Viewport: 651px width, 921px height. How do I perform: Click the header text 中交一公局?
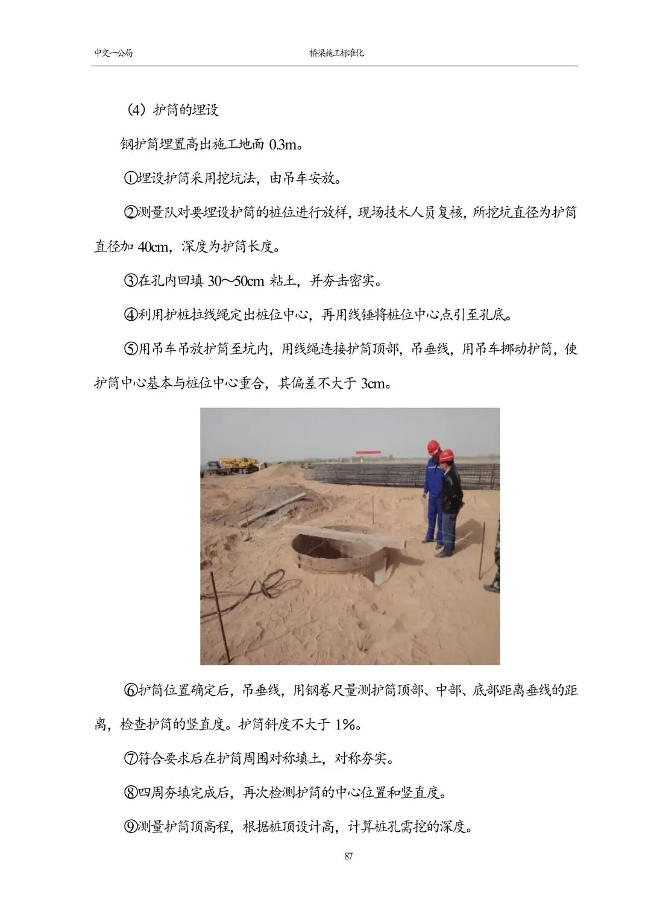[113, 53]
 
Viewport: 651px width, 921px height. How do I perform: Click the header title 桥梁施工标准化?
[336, 53]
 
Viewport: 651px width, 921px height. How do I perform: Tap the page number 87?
[348, 857]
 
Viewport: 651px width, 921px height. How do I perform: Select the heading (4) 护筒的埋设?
[173, 110]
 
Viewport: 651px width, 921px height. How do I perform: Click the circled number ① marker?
[131, 179]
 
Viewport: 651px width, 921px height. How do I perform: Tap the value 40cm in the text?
[154, 247]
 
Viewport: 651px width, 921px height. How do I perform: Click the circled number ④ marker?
[131, 315]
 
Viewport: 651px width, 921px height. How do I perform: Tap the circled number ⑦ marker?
[131, 758]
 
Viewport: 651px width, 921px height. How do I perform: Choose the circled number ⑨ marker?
[131, 827]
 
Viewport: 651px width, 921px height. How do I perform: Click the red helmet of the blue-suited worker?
[433, 447]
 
